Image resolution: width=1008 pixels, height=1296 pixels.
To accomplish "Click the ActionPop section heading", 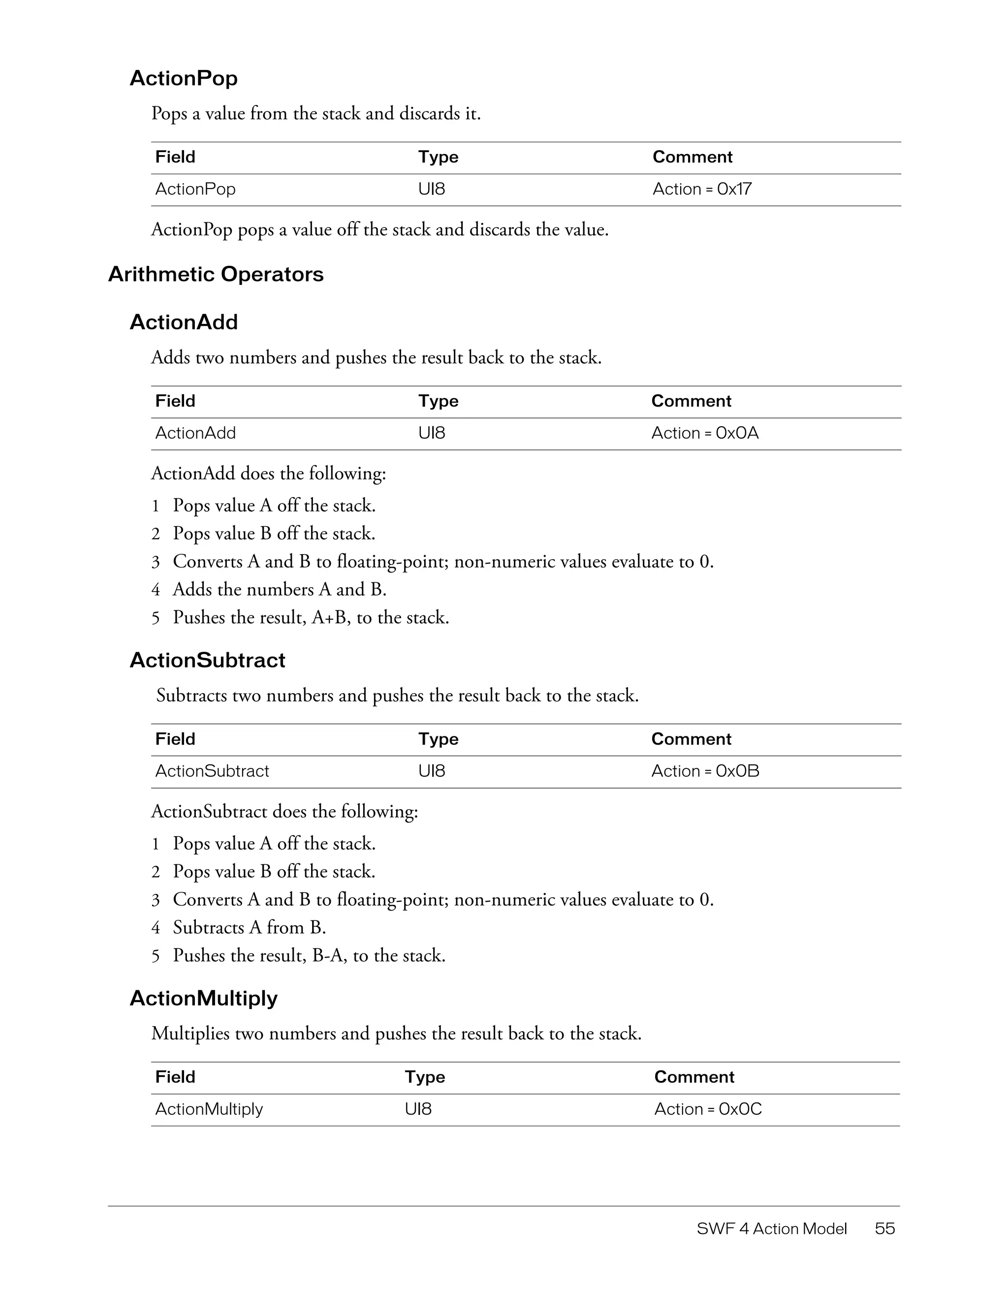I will click(x=183, y=78).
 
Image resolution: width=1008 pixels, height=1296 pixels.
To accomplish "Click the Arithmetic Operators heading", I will click(x=216, y=274).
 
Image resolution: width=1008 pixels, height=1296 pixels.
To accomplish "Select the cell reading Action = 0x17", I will click(x=702, y=190).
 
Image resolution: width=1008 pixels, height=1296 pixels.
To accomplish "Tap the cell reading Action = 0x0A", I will click(x=705, y=433).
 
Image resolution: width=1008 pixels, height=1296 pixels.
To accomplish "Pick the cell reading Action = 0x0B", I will click(x=705, y=771).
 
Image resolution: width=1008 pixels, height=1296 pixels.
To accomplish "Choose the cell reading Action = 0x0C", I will click(x=708, y=1109).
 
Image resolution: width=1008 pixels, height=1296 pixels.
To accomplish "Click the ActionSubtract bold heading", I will click(x=207, y=660).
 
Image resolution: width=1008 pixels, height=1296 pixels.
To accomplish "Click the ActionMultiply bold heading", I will click(x=203, y=998).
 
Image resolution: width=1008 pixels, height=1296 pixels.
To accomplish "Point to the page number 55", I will click(x=884, y=1229).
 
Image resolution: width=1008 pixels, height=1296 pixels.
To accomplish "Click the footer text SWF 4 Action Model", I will click(x=771, y=1229).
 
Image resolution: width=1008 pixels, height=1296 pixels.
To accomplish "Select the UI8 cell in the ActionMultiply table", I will click(x=418, y=1109).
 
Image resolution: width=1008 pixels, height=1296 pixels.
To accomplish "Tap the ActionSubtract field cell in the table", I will click(x=212, y=771).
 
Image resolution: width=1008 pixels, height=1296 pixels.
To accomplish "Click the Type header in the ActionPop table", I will click(x=438, y=157).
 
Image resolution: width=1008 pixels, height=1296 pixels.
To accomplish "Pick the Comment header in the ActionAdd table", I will click(x=691, y=401).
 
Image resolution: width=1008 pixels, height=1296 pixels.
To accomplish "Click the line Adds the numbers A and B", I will click(x=280, y=589).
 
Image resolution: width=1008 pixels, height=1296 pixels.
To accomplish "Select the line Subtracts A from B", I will click(x=249, y=927).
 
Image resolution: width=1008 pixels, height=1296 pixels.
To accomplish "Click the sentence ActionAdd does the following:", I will click(x=268, y=474).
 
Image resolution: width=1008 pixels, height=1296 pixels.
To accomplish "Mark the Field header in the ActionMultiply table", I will click(x=175, y=1077).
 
